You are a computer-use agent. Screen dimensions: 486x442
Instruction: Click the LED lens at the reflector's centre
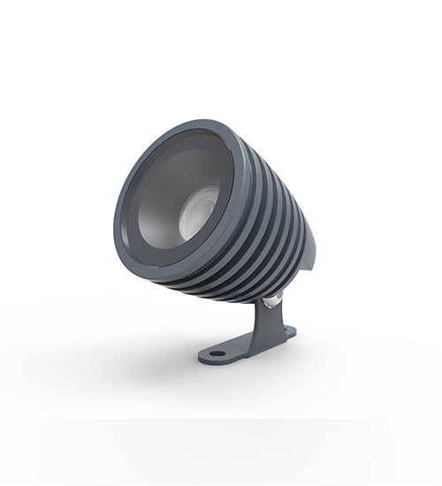pyautogui.click(x=198, y=212)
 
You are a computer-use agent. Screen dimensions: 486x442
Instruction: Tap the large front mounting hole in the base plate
pyautogui.click(x=216, y=353)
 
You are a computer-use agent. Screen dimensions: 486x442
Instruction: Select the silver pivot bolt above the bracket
pyautogui.click(x=274, y=300)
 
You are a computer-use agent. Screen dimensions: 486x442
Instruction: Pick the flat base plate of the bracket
pyautogui.click(x=243, y=346)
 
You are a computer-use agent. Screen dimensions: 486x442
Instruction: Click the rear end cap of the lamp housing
pyautogui.click(x=308, y=252)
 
